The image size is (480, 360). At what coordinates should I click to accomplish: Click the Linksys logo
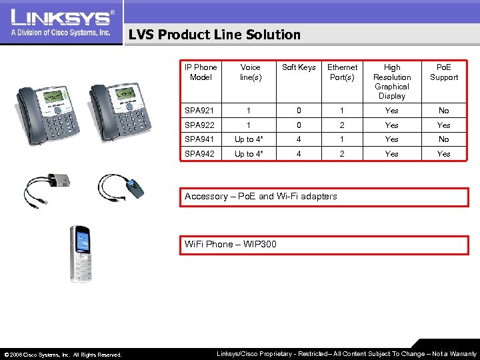coord(61,22)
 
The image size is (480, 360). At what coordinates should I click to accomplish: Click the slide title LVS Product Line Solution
coord(215,35)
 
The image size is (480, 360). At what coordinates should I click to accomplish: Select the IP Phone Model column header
coord(201,72)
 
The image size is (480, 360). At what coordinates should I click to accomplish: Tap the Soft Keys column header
coord(299,67)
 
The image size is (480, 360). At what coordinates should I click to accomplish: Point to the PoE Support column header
coord(444,72)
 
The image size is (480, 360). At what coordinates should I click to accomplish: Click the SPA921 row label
coord(199,111)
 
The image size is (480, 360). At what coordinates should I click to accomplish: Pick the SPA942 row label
coord(199,154)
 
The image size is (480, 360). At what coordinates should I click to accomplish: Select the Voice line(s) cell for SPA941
coord(250,139)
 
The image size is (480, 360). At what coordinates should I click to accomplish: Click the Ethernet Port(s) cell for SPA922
coord(342,125)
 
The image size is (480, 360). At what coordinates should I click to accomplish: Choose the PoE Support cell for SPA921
coord(444,111)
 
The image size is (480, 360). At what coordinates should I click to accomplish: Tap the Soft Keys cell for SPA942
coord(299,154)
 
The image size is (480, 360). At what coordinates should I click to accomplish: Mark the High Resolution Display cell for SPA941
coord(392,139)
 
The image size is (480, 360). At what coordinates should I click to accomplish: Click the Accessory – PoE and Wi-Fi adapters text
coord(261,197)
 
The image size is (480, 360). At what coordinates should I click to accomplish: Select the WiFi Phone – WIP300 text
coord(231,244)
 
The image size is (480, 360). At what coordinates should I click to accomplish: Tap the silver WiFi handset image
coord(81,253)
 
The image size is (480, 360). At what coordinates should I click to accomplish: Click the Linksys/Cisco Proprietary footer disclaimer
coord(347,354)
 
